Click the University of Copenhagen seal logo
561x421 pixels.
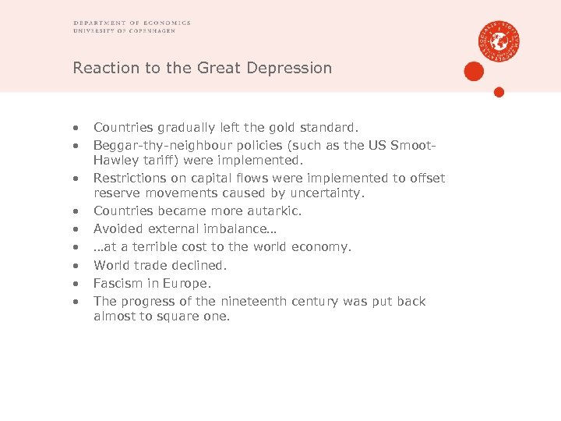[499, 41]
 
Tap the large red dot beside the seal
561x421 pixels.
[474, 72]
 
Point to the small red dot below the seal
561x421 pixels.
[499, 92]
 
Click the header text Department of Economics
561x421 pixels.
[132, 23]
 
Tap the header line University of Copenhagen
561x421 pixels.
[131, 31]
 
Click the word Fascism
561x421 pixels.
[118, 283]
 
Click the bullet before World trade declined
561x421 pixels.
[76, 265]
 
